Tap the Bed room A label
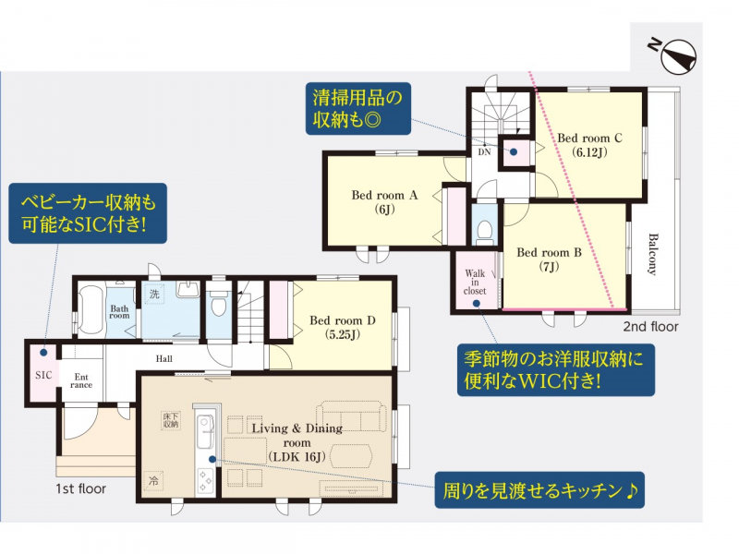(x=384, y=202)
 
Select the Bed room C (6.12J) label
(x=589, y=145)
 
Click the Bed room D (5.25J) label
(x=343, y=328)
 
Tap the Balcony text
(x=652, y=254)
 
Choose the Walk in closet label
(x=475, y=282)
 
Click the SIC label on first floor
(x=43, y=375)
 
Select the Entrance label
(x=81, y=380)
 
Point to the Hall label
(x=164, y=358)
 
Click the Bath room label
(x=119, y=312)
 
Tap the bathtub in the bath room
(x=91, y=311)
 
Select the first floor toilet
(x=218, y=304)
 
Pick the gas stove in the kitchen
(x=205, y=480)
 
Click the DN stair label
(x=484, y=151)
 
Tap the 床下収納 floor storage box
(x=171, y=420)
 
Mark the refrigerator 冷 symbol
(x=153, y=481)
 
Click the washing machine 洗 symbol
(x=154, y=294)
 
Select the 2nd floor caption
(x=651, y=327)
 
